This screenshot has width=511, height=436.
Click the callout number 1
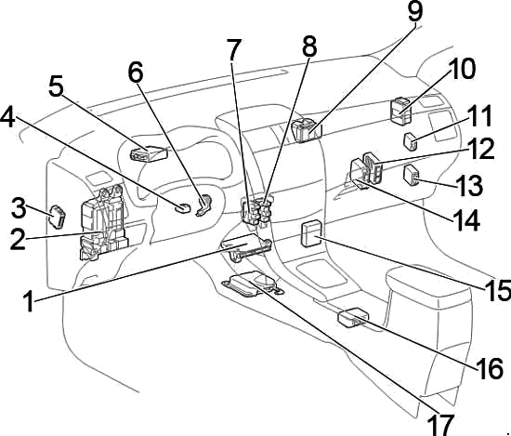[30, 301]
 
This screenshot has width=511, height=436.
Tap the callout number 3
[18, 208]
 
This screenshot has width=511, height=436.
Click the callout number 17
[441, 425]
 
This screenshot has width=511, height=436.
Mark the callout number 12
[481, 149]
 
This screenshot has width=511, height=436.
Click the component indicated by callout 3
[58, 217]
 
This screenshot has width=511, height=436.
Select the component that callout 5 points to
[148, 153]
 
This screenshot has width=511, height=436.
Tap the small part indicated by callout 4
[182, 208]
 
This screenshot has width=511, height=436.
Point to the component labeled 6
[204, 205]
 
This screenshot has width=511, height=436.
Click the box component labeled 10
[400, 111]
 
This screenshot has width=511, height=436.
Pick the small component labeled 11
[411, 141]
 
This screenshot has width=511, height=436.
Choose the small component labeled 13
[411, 175]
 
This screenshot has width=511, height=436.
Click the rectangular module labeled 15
[311, 233]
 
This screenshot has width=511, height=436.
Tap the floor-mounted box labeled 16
[353, 318]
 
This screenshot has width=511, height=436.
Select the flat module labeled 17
[253, 284]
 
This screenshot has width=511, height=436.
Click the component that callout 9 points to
[307, 130]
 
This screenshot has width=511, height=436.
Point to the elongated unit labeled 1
[246, 247]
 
